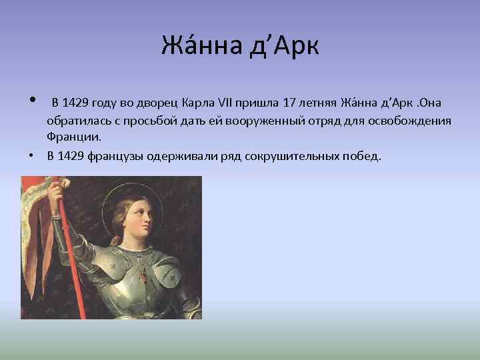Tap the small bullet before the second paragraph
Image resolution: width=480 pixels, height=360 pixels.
pos(31,156)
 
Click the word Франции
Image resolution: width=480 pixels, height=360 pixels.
pos(74,137)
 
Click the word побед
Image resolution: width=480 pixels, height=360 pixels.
pos(363,156)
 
